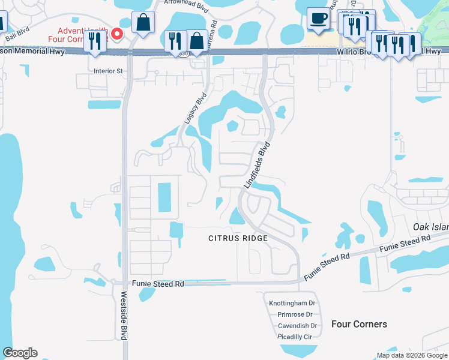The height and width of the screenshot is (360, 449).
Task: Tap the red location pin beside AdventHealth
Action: tap(118, 34)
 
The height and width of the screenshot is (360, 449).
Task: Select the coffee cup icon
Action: tap(318, 18)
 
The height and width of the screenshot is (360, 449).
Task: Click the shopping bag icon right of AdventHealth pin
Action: tap(144, 23)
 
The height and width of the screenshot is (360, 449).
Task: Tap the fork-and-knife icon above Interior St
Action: tap(95, 41)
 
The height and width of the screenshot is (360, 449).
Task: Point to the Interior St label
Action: tap(108, 71)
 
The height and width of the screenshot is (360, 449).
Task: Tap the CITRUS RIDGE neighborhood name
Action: tap(237, 238)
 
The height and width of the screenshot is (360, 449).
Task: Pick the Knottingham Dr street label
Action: tap(292, 304)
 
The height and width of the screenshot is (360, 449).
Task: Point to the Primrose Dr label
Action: tap(295, 314)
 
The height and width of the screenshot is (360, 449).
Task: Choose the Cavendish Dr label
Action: tap(297, 326)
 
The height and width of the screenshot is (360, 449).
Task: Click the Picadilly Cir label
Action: tap(295, 337)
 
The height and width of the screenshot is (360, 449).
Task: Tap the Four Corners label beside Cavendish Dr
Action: tap(359, 324)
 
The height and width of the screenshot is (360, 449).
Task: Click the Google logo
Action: tap(20, 353)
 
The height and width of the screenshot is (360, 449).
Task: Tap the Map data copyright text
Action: tap(412, 355)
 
